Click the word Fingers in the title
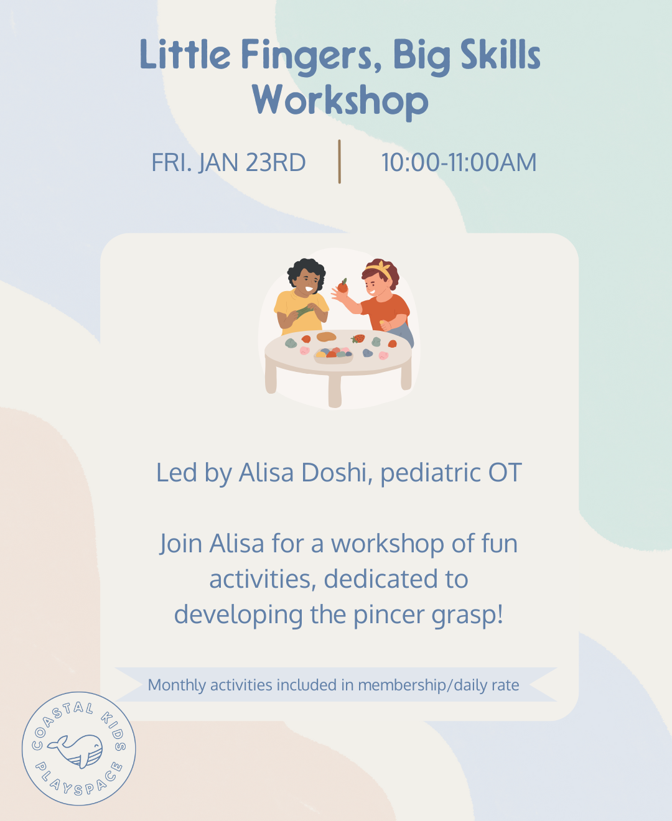[x=310, y=56]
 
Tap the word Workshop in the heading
[x=340, y=101]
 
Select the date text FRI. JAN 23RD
[x=228, y=163]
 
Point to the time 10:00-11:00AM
[x=459, y=163]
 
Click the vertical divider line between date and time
[x=339, y=162]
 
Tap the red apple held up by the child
[x=342, y=287]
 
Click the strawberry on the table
[x=358, y=339]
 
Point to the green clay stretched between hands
[x=303, y=310]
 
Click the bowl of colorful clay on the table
[x=334, y=356]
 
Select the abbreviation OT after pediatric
[x=505, y=473]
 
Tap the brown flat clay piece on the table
[x=326, y=337]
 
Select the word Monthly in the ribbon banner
[x=177, y=685]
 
